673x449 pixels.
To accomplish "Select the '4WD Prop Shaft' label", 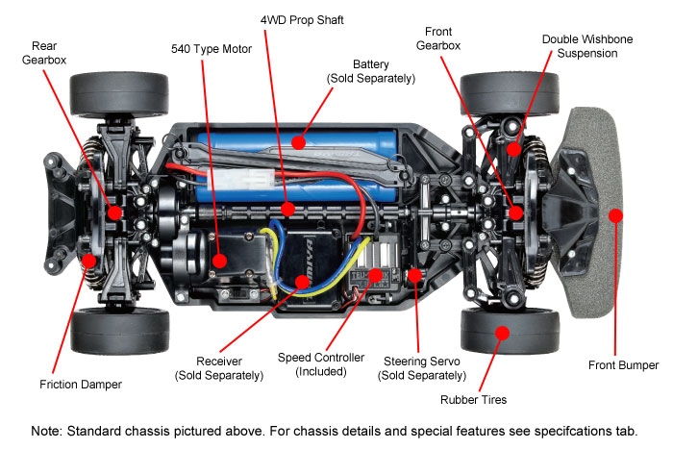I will pyautogui.click(x=300, y=19).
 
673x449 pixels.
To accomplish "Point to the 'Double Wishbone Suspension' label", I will pyautogui.click(x=579, y=46).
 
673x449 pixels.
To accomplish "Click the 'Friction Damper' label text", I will pyautogui.click(x=82, y=384).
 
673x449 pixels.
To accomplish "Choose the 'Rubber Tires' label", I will pyautogui.click(x=473, y=399).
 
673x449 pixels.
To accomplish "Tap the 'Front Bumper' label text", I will pyautogui.click(x=623, y=364).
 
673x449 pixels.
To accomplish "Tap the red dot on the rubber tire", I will pyautogui.click(x=500, y=333).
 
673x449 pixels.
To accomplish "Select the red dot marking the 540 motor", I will pyautogui.click(x=220, y=260).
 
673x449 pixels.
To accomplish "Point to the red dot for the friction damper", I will pyautogui.click(x=87, y=259).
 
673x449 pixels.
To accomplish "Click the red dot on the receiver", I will pyautogui.click(x=302, y=282).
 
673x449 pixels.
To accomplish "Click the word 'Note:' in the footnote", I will pyautogui.click(x=50, y=430).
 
